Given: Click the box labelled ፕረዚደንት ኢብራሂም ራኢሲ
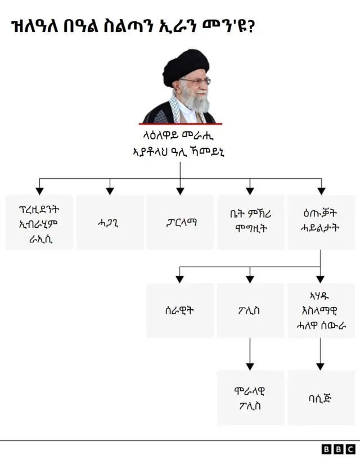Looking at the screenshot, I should pos(39,222).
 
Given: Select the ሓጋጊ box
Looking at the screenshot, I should pos(110,222).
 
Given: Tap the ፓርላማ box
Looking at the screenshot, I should pos(180,222).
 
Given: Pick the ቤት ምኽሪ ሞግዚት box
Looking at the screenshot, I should pos(250,222).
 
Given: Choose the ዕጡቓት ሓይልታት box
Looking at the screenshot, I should pos(321,222).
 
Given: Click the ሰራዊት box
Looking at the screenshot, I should pos(180,310).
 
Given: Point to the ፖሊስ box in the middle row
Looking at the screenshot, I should pos(250,310).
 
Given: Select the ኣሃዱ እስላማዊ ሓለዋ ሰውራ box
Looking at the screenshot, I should pos(321,310).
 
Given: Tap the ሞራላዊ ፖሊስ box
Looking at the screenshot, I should pos(250,398).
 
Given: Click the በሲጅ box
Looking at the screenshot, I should pos(321,398).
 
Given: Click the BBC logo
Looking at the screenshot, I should pos(338,449).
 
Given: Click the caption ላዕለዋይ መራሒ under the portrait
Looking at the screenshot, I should pos(180,136).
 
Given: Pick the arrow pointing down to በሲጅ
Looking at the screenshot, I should pos(321,354).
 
